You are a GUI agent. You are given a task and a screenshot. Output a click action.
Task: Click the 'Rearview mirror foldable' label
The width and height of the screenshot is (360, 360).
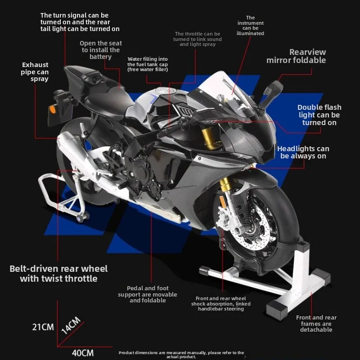coord(296,56)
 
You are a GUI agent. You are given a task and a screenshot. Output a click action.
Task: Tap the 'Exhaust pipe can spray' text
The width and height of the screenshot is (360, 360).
coord(35,72)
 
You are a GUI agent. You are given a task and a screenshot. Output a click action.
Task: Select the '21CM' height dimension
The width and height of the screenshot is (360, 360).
coord(43,327)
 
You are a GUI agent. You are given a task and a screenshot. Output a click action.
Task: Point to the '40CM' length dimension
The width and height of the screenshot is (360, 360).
coord(83,352)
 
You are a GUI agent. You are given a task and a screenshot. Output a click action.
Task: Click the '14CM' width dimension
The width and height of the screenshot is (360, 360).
coord(71,325)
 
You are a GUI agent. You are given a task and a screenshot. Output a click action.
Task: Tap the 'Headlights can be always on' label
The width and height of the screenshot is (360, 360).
coord(303,152)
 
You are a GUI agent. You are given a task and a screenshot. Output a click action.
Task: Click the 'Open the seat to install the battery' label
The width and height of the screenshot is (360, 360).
coord(101,50)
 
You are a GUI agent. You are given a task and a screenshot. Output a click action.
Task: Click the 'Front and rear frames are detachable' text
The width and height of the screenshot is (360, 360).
coord(316,324)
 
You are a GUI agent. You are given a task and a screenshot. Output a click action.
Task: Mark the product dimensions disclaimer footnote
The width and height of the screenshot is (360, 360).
coord(181,355)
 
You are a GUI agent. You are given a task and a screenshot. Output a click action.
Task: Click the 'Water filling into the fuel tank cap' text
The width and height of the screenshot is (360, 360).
coord(148,64)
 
